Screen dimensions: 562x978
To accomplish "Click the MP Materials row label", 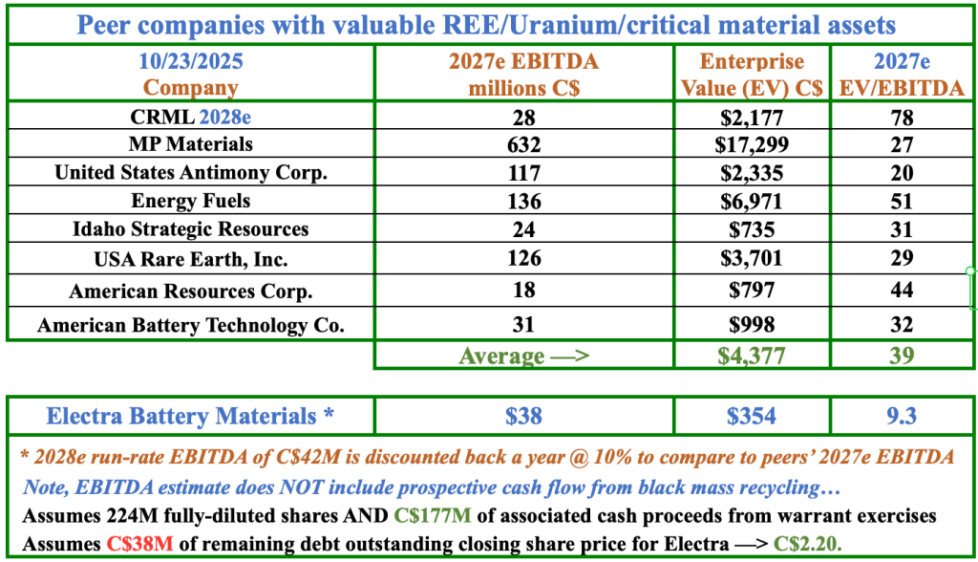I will (190, 145).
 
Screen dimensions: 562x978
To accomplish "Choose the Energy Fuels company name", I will (190, 201).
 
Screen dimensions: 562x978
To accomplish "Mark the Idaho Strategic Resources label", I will (190, 229).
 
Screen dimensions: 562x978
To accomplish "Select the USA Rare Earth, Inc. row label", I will (190, 258).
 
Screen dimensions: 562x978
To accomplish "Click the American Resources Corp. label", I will (190, 291).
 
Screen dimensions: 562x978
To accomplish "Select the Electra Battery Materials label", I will (190, 416).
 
